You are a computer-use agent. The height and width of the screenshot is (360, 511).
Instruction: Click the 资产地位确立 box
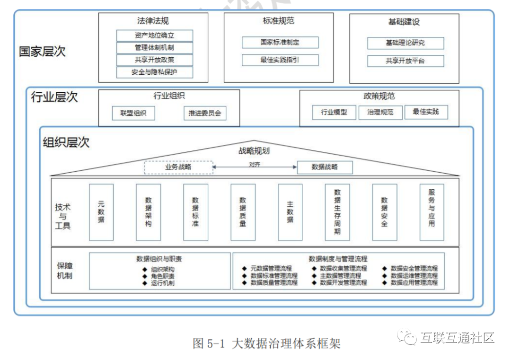tap(155, 35)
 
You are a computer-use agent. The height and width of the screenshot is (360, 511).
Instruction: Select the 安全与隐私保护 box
tap(155, 72)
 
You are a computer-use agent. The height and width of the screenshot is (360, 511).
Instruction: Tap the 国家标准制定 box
tap(280, 42)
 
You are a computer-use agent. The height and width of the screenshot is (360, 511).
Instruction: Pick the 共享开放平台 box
tap(405, 61)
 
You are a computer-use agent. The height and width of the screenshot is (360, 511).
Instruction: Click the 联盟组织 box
tap(133, 114)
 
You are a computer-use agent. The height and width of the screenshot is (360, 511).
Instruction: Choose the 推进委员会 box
tap(205, 114)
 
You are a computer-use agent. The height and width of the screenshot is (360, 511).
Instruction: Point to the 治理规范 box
tap(380, 112)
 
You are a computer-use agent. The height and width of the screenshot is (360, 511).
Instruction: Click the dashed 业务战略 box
tap(178, 167)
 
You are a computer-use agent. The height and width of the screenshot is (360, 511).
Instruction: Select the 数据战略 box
tap(325, 167)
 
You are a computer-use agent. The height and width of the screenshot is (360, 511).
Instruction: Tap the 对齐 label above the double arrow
tap(255, 164)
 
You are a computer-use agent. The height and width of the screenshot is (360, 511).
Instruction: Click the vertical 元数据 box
tap(101, 212)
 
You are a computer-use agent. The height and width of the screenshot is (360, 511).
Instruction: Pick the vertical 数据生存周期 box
tap(337, 212)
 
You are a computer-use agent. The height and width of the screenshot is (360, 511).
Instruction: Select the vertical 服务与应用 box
tap(432, 212)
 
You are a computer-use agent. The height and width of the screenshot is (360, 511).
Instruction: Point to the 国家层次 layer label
tap(42, 51)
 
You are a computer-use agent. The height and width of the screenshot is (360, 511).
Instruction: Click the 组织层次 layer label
tap(66, 142)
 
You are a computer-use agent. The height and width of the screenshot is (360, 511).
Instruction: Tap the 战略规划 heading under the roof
tap(254, 151)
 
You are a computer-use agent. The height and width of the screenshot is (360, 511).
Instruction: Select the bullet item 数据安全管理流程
tap(414, 269)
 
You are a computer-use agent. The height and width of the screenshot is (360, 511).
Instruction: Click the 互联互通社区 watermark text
tap(457, 338)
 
